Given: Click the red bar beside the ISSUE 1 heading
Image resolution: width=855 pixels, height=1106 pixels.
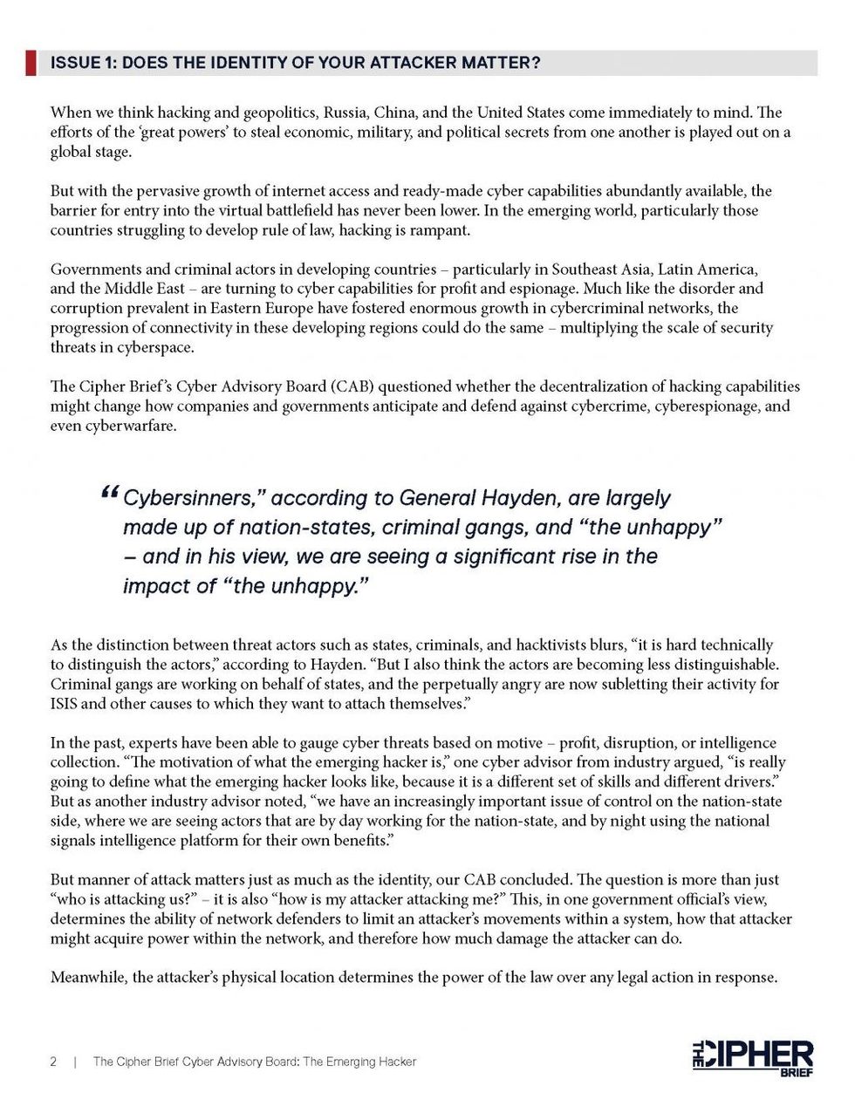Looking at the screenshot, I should tap(31, 63).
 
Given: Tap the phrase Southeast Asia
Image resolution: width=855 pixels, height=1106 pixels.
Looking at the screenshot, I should tap(602, 269).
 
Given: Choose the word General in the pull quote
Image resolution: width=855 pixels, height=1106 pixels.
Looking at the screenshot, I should tap(439, 498).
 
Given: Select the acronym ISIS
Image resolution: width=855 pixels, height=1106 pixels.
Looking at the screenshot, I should tap(65, 704).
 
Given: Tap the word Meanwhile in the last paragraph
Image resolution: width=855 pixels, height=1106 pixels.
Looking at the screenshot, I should tap(88, 977).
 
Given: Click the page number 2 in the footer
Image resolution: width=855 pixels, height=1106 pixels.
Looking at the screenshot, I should tap(54, 1062).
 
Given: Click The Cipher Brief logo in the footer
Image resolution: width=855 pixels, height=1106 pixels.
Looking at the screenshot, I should tap(752, 1058).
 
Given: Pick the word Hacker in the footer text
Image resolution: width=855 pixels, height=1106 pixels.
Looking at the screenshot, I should tap(394, 1062).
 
